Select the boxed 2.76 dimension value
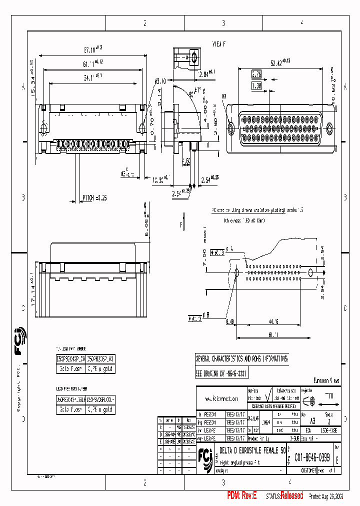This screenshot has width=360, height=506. tap(256, 74)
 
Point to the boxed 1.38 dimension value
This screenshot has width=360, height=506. tap(256, 86)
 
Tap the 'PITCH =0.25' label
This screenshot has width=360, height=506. tap(94, 198)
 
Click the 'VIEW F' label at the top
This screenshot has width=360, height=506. tap(219, 44)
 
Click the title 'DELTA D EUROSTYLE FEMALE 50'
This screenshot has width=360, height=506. tap(252, 450)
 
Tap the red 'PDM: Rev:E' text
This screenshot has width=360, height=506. tap(241, 495)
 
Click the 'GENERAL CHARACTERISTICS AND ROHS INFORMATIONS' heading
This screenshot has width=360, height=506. tap(242, 359)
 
